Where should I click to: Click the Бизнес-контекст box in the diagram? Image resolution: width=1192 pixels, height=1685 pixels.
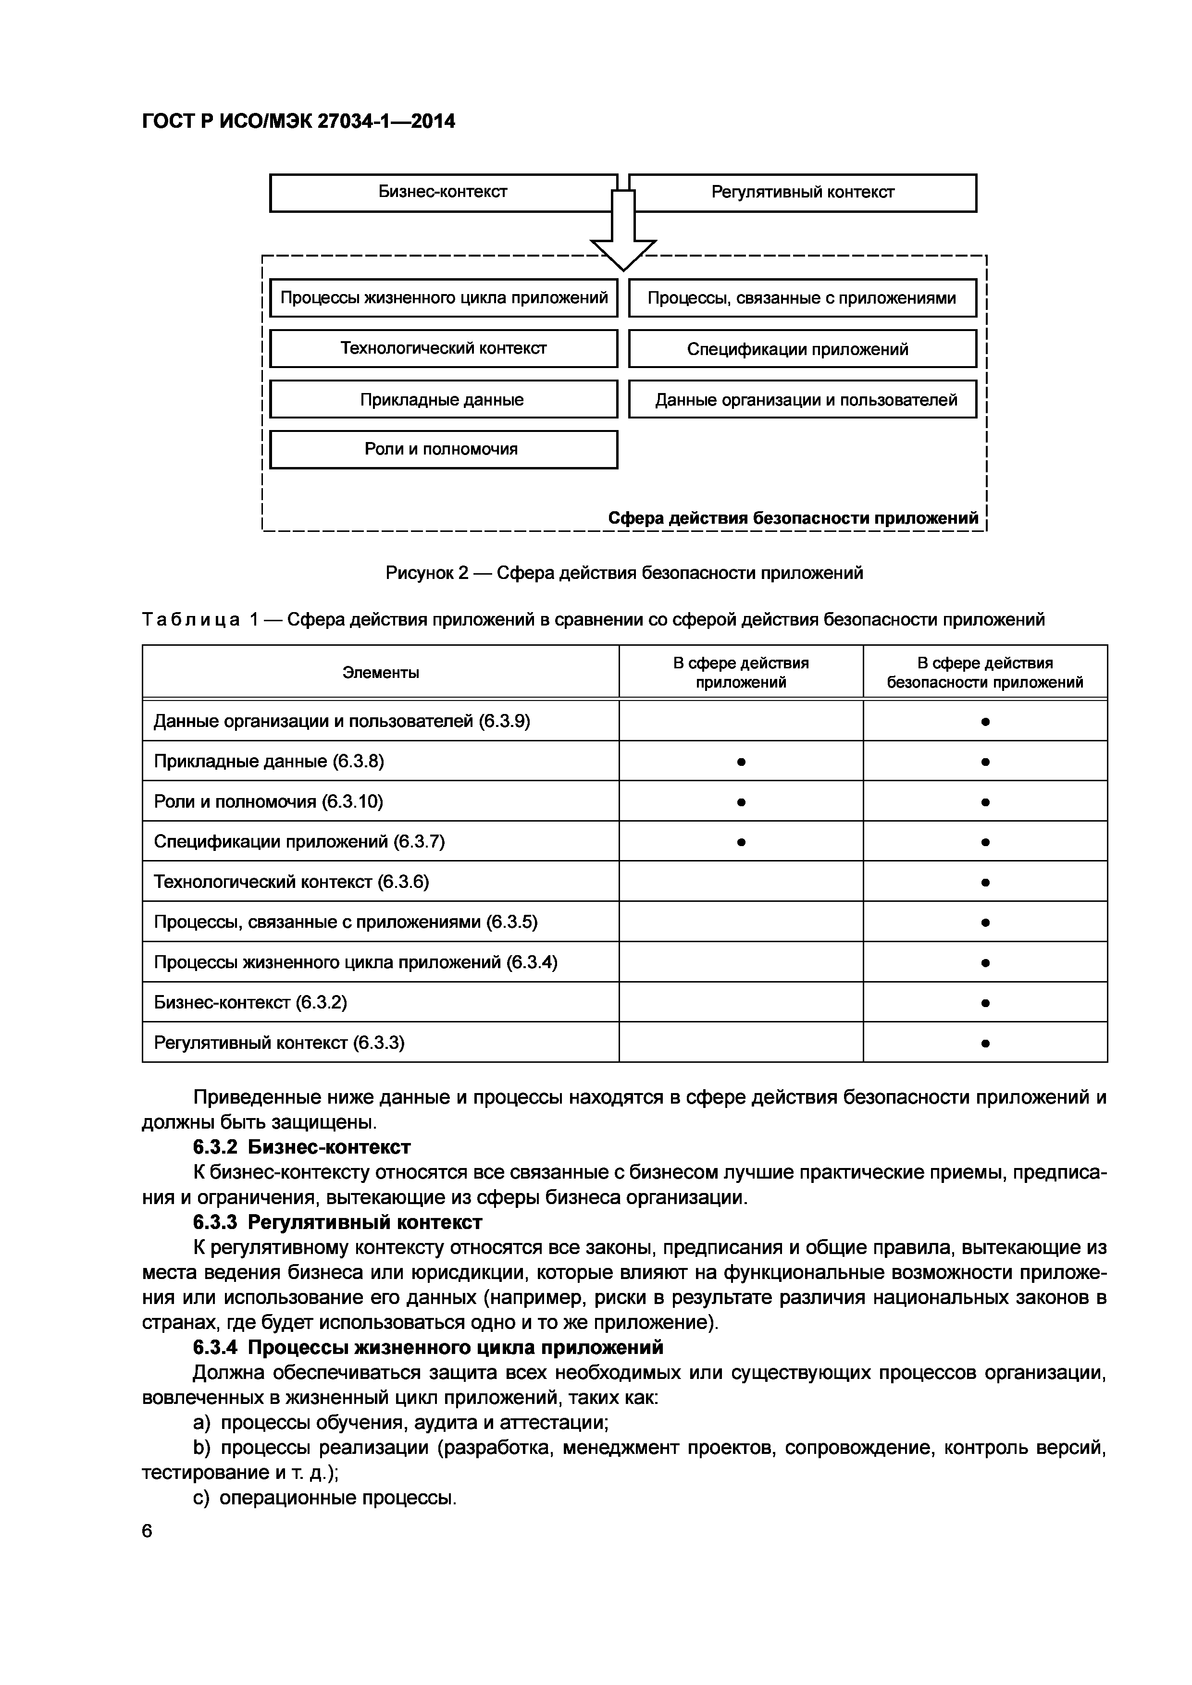coord(443,192)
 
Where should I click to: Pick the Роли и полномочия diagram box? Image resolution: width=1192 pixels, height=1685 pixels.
coord(443,449)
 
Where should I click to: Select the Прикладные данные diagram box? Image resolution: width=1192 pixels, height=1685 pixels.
coord(443,399)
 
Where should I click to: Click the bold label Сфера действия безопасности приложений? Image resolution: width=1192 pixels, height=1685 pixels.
coord(793,518)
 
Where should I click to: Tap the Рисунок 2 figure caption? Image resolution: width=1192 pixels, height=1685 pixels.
coord(624,572)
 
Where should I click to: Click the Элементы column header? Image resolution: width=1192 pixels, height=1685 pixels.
coord(380,672)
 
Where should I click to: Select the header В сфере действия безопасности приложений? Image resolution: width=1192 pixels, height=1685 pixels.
coord(984,672)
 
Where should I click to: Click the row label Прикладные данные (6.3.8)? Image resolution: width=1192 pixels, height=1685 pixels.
coord(269,761)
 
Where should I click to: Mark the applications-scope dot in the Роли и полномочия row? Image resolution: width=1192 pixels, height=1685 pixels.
coord(741,802)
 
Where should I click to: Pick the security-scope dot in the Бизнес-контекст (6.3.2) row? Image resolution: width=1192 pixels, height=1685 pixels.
coord(985,1002)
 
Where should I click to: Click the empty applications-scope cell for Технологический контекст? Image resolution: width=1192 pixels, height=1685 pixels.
coord(741,881)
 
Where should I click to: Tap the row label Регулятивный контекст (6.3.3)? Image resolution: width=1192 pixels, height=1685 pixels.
coord(279,1042)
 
